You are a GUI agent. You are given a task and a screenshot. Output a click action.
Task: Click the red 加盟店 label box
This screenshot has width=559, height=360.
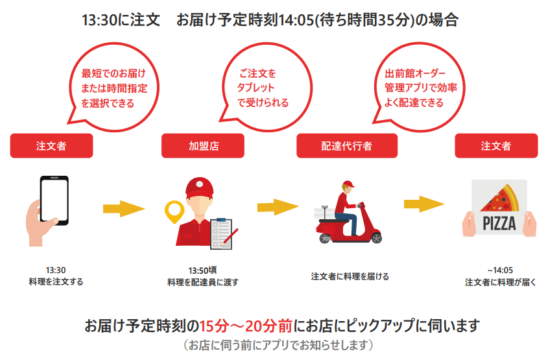[202, 146]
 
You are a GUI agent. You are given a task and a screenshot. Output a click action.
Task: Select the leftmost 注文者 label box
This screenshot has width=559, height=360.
[51, 146]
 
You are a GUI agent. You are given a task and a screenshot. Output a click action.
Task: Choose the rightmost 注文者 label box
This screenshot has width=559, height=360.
[496, 146]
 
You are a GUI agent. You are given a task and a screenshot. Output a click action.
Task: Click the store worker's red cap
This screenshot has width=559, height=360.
[200, 188]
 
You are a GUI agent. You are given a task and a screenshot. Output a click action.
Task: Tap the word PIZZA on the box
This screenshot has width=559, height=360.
[499, 224]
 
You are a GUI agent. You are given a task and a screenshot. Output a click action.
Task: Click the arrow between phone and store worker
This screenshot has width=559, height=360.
[123, 209]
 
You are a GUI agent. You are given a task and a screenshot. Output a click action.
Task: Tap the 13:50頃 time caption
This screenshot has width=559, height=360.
[202, 270]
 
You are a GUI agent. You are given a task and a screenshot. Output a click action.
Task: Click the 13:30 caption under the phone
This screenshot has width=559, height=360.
[56, 270]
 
